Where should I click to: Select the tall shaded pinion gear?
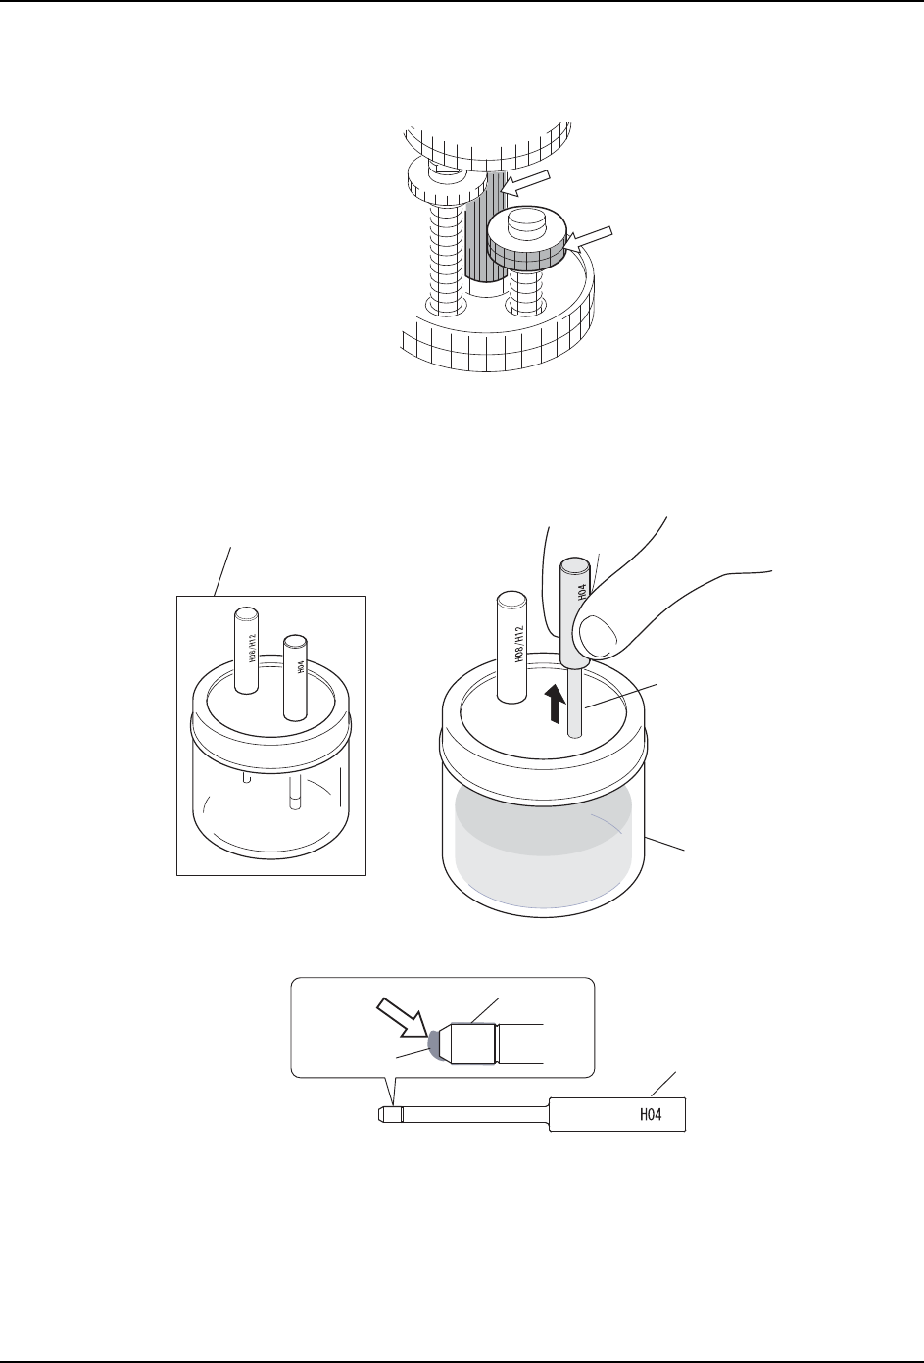[487, 230]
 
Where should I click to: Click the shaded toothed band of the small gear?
[527, 258]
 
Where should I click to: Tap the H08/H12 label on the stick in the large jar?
[519, 649]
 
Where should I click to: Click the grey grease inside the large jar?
[544, 843]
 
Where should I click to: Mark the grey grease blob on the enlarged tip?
[433, 1046]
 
